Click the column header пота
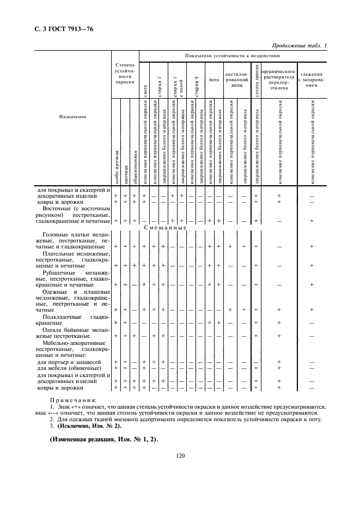tap(214, 80)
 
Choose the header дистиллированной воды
tap(237, 80)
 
